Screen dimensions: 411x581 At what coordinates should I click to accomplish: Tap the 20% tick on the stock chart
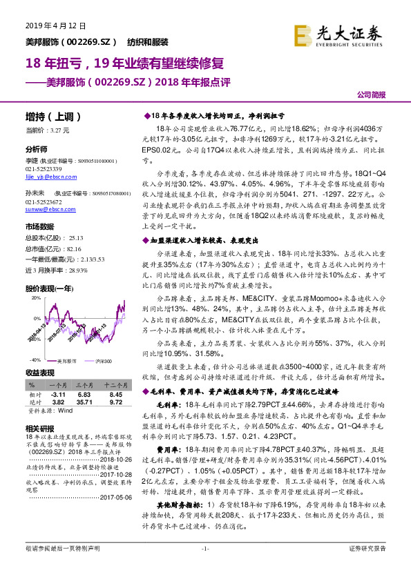point(35,299)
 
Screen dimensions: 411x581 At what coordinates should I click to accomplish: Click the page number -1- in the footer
point(205,568)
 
